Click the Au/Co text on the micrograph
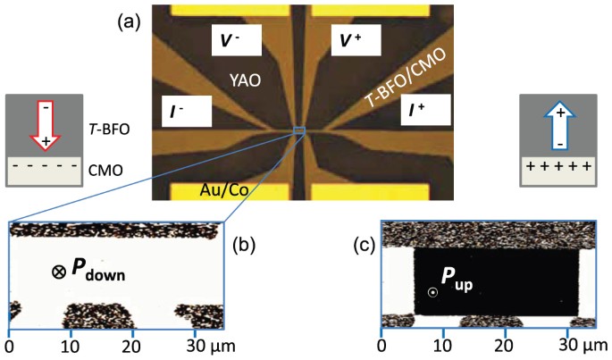pyautogui.click(x=229, y=189)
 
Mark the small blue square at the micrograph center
pyautogui.click(x=299, y=132)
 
